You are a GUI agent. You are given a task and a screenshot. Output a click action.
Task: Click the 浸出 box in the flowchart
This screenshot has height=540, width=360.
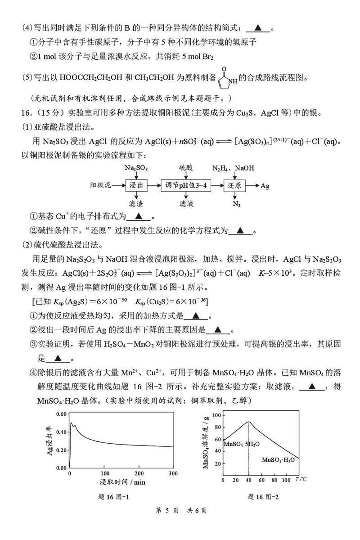point(136,185)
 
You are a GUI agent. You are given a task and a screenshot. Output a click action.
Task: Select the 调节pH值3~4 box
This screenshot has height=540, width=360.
point(186,185)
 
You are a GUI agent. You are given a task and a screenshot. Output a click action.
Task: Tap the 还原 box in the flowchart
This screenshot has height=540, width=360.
point(236,185)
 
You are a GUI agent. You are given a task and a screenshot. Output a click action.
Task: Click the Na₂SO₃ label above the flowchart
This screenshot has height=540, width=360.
point(136,168)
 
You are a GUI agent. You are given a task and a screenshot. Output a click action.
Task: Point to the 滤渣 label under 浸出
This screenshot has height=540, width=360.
point(136,203)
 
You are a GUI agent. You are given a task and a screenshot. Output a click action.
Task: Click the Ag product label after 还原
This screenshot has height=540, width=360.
point(265,185)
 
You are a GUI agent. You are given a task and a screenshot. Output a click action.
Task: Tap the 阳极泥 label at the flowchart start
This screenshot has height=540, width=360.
point(100,185)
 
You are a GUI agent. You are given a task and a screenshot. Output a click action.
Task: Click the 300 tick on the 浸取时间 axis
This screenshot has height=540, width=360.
point(174,474)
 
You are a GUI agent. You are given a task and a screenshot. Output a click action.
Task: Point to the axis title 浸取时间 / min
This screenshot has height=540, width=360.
point(122,482)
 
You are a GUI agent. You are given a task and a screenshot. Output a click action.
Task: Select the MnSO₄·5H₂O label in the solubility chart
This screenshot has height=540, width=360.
point(242,444)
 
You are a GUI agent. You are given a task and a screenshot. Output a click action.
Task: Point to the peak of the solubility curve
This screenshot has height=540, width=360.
point(248,422)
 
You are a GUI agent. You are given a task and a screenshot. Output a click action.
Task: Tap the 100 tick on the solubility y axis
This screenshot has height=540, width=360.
point(216,415)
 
